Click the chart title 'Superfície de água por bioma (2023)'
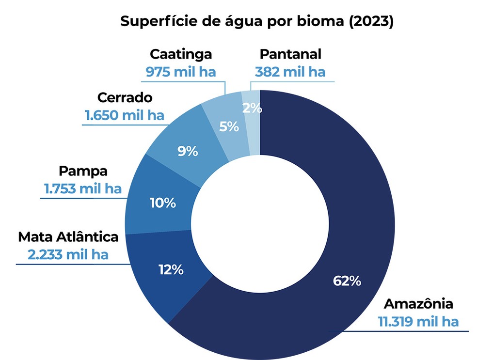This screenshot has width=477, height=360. coord(256,22)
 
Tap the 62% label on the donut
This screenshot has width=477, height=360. coord(347,281)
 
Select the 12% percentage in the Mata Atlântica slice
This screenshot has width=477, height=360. coord(171,269)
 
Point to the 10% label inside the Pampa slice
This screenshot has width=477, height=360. coord(162,203)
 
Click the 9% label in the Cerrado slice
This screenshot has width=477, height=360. coord(187,152)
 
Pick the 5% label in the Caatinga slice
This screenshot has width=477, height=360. coord(229,126)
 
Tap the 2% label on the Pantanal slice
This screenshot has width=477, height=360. coord(252,108)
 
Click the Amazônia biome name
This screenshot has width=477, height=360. coord(418,304)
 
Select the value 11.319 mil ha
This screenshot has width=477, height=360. coord(418,321)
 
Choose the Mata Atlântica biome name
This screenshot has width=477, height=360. coord(68,237)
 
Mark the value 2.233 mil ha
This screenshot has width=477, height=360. coord(68,254)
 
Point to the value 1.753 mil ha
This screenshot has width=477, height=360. coord(83,188)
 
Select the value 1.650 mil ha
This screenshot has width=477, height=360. coord(125,115)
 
